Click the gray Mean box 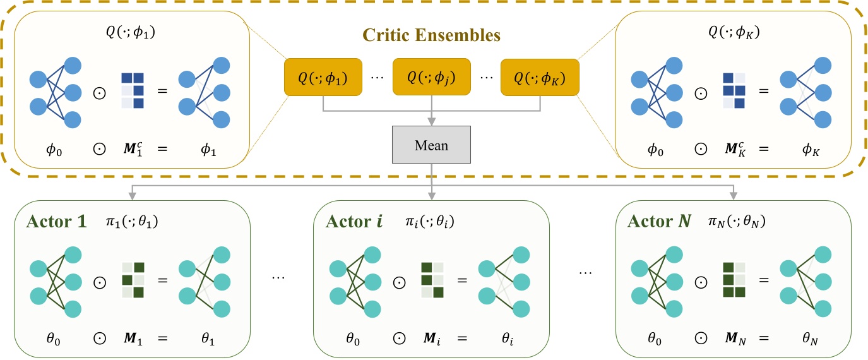(x=431, y=145)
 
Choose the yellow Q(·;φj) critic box (x=431, y=78)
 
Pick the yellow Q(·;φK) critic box (x=539, y=78)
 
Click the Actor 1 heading (x=56, y=222)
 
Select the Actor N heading (x=658, y=222)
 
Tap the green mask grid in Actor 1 (x=133, y=280)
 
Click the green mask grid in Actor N (x=734, y=280)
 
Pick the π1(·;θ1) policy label (x=133, y=222)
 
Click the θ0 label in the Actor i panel (x=352, y=339)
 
